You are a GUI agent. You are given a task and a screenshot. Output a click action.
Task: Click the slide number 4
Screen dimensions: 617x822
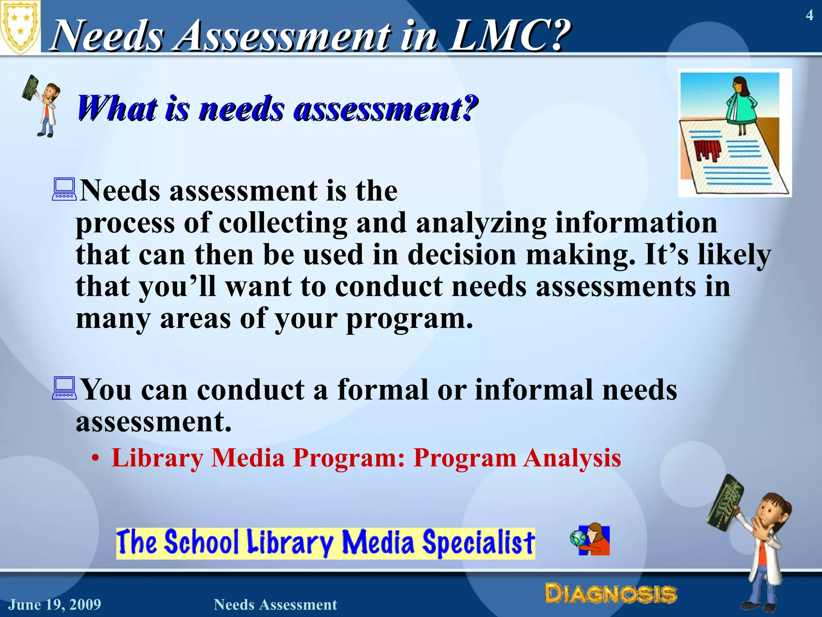tap(809, 15)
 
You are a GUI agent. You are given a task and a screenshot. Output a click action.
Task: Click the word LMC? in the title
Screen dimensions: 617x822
tap(510, 36)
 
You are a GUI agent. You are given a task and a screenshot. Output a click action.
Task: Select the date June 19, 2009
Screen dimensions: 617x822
tap(55, 605)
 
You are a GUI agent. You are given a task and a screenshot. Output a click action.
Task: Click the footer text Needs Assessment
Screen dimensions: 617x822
tap(275, 605)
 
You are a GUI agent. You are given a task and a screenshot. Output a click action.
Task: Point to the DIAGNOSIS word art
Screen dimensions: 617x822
tap(610, 594)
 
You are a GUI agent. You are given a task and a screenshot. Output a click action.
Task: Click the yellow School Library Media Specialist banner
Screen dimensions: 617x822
tap(326, 543)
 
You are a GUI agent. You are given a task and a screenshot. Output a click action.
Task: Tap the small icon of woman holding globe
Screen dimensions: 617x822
tap(590, 540)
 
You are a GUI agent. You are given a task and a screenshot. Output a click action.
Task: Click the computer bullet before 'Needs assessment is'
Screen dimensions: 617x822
tap(64, 190)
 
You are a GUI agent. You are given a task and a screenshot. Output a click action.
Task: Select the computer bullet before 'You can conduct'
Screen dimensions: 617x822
tap(64, 388)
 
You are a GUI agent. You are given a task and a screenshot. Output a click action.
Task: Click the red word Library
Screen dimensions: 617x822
tap(157, 458)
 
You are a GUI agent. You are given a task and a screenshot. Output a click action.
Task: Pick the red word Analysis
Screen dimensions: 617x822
tap(572, 458)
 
